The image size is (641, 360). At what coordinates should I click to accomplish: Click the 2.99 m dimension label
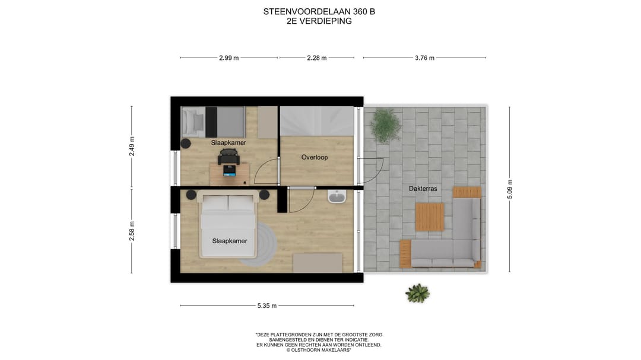[x=229, y=58]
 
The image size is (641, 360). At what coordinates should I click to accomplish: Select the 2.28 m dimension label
[x=317, y=58]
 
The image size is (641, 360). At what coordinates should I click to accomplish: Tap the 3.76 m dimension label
[x=424, y=58]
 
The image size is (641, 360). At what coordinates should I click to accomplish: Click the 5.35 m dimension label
[x=267, y=306]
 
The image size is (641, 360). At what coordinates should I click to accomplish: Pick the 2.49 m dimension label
[x=132, y=146]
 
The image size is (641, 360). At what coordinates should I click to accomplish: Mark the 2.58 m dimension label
[x=132, y=231]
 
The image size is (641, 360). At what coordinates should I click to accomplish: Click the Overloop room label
[x=314, y=157]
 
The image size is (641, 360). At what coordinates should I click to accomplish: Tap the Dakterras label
[x=423, y=189]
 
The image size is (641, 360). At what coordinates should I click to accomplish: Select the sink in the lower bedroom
[x=337, y=196]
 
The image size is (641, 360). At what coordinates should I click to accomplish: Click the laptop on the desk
[x=229, y=171]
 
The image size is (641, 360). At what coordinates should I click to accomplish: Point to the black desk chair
[x=229, y=156]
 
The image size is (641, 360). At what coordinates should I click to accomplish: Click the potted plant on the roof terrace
[x=385, y=125]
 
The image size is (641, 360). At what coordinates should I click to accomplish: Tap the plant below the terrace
[x=417, y=293]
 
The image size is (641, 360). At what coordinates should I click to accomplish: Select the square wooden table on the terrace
[x=430, y=217]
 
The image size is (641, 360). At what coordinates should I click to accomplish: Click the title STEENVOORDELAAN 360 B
[x=319, y=11]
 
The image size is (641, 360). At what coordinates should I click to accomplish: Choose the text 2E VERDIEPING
[x=319, y=21]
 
